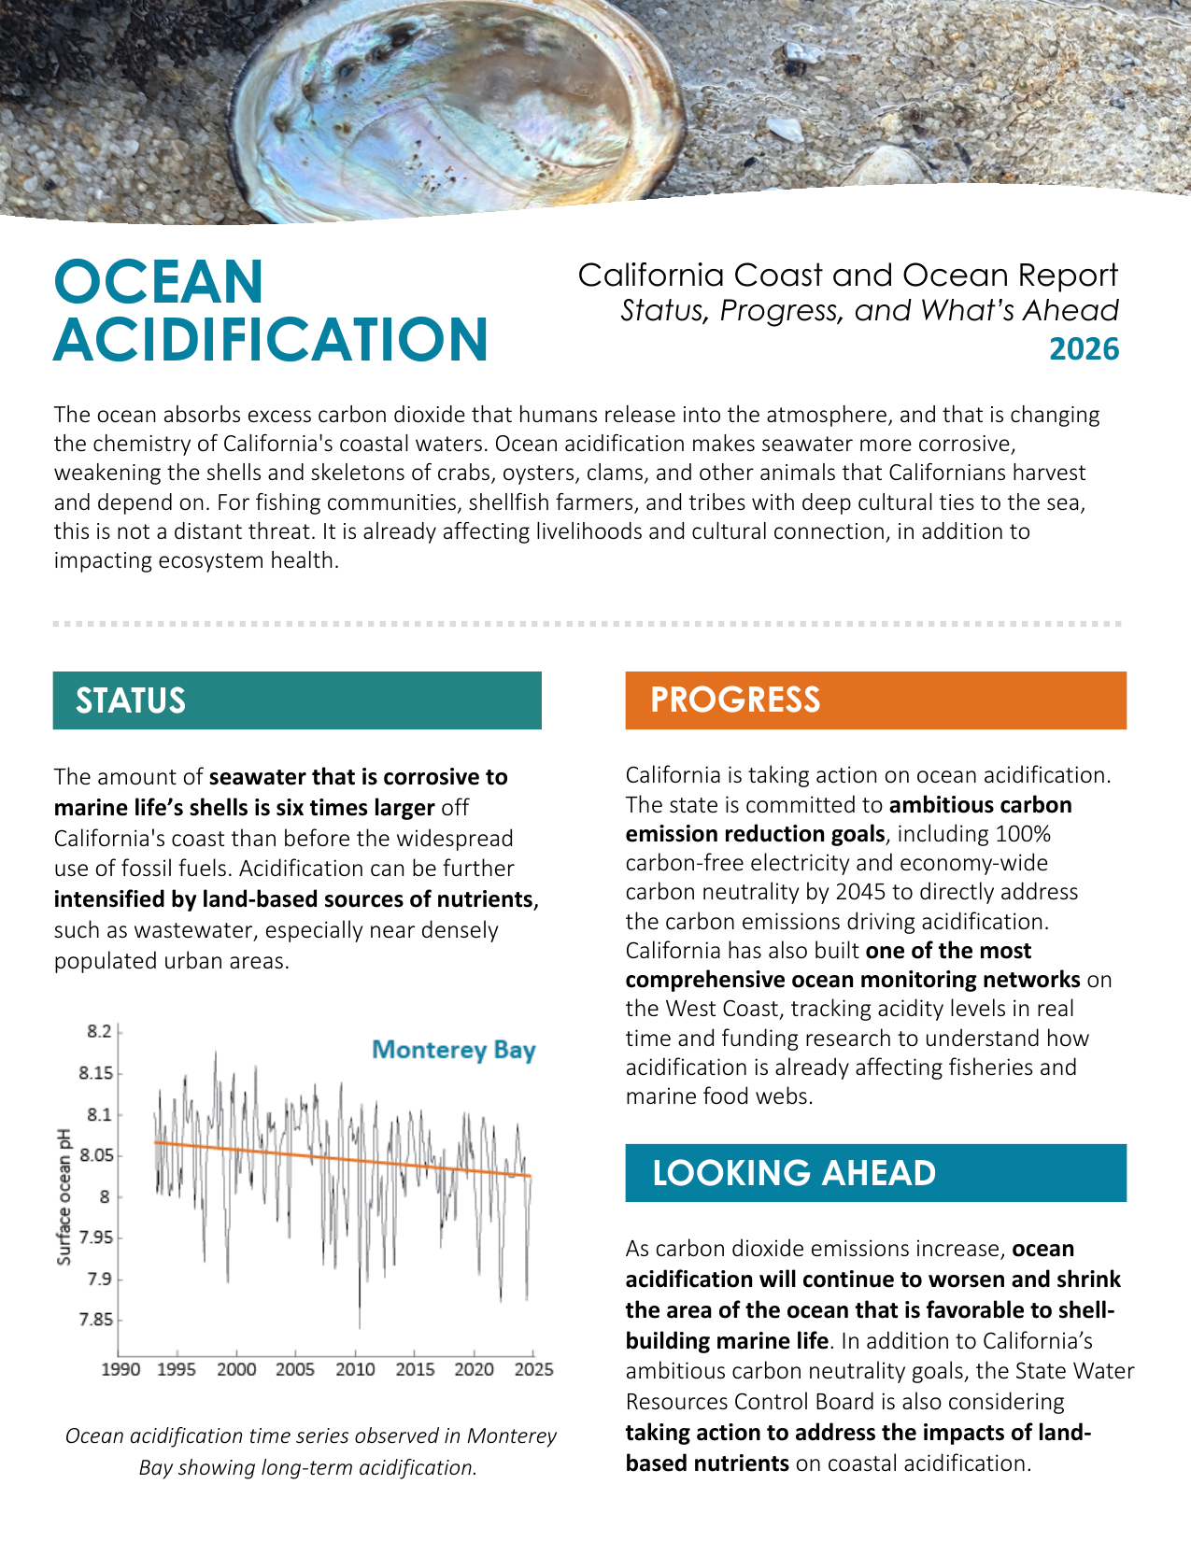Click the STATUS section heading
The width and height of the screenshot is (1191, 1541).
click(131, 700)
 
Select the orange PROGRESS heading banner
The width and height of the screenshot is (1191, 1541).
click(875, 700)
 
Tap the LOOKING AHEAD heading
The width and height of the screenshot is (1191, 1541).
click(793, 1173)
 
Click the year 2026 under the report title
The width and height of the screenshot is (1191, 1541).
click(1084, 349)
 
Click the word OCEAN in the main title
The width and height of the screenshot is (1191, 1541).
click(159, 281)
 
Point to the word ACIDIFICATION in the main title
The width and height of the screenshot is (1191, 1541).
click(271, 339)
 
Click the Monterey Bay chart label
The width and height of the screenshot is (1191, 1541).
click(453, 1050)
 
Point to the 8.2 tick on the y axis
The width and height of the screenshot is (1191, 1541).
click(99, 1031)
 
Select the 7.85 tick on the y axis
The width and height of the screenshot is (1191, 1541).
click(95, 1320)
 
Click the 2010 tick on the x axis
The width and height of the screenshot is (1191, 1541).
click(355, 1369)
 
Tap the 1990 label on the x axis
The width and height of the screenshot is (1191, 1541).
click(121, 1369)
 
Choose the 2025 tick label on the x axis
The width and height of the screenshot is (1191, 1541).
click(533, 1369)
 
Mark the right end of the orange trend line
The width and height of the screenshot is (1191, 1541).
click(531, 1176)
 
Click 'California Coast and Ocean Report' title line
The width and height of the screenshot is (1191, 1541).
click(847, 276)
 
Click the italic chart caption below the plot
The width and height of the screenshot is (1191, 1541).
click(310, 1451)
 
